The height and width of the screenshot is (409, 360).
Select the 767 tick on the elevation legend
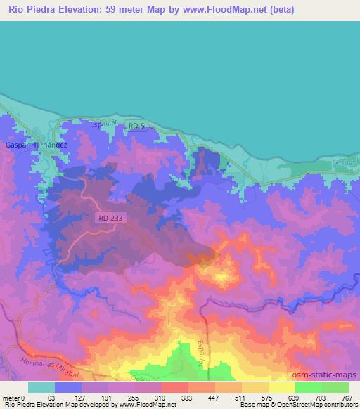347,397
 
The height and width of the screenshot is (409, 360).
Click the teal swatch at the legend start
41,387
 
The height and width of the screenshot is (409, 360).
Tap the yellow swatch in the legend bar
281,387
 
